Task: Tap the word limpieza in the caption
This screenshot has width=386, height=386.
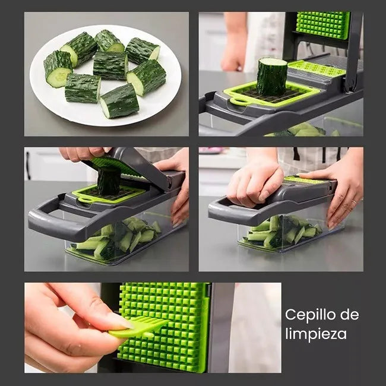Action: (x=316, y=334)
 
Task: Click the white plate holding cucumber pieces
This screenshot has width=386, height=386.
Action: (x=105, y=75)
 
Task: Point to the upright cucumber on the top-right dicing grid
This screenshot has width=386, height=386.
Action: (x=271, y=77)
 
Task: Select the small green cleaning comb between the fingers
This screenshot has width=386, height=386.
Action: (x=138, y=327)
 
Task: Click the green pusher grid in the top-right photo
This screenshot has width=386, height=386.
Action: (x=322, y=25)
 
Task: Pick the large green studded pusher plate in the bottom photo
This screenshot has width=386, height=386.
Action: (x=164, y=327)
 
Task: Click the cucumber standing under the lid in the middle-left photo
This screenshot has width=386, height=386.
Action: (x=109, y=181)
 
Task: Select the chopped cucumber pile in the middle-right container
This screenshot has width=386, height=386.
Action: (x=283, y=232)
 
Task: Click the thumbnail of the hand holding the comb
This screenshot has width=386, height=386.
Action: (x=119, y=320)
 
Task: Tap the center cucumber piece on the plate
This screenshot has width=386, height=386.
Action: (x=110, y=65)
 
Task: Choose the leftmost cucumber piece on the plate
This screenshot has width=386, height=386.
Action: (x=58, y=68)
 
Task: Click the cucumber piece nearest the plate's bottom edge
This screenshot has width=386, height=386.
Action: (x=119, y=101)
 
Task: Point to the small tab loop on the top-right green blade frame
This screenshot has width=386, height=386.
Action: (x=238, y=102)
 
